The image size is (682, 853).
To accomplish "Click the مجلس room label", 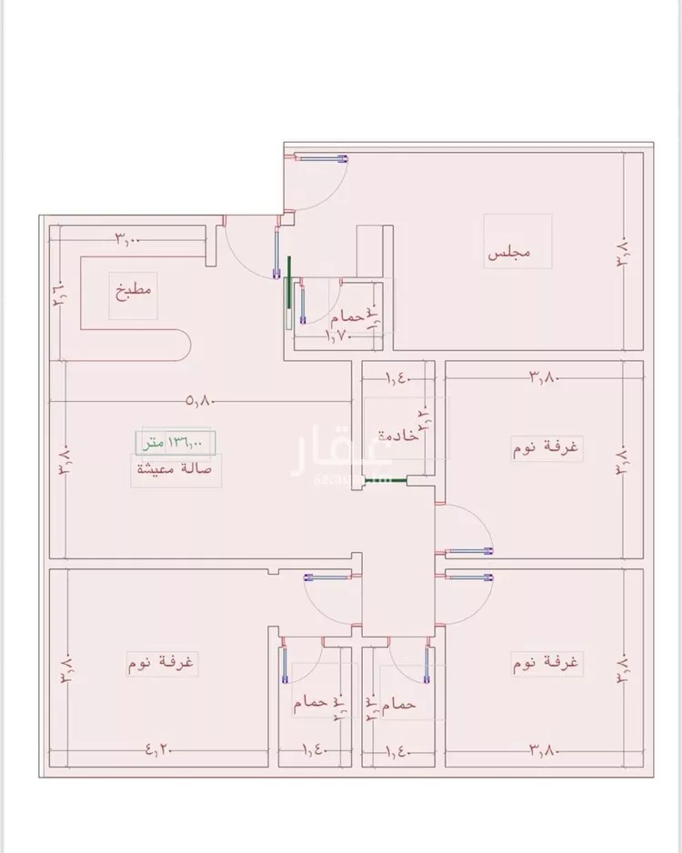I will coord(509,253).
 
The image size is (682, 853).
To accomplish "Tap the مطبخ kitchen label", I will coord(134,293).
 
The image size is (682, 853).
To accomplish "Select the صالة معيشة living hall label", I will coord(174,469).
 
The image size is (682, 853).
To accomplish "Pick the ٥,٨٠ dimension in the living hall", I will coord(201,400).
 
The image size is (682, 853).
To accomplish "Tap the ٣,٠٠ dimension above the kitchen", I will coord(127,239).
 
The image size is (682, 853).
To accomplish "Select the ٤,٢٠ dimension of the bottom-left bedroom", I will coord(158,750).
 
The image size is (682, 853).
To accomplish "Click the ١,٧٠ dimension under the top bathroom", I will coord(339,336).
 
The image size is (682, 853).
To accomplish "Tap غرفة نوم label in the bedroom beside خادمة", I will coord(550,447).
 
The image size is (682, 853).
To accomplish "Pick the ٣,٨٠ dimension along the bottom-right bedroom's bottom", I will coord(543,750).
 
